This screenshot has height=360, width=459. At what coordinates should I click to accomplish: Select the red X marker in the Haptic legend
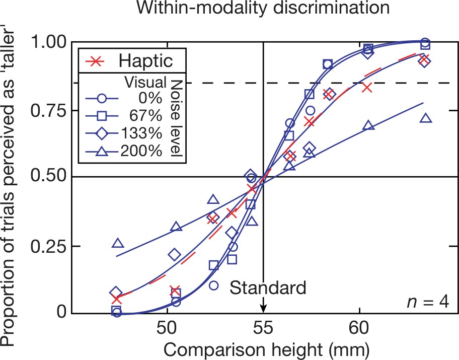pos(101,60)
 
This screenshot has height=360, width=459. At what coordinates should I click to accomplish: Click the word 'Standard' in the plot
pos(268,288)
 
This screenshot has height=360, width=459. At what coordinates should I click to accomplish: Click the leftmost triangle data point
pos(118,243)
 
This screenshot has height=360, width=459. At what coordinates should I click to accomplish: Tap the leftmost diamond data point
pos(116,292)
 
